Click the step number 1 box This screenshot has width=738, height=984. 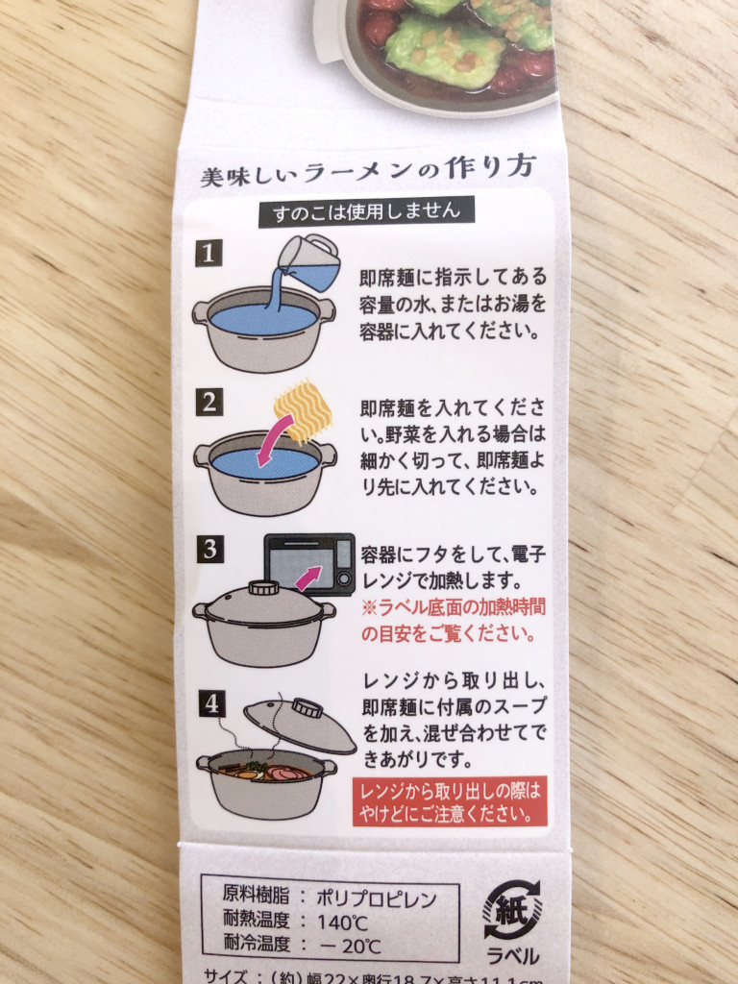[209, 253]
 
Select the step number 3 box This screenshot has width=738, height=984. [209, 550]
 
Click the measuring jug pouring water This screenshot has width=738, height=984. [310, 261]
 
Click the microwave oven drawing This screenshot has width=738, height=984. [309, 564]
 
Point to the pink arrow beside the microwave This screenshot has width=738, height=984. [307, 579]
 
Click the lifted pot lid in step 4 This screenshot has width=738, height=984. [299, 723]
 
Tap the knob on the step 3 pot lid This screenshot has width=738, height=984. [263, 588]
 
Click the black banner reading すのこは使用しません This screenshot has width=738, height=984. [366, 210]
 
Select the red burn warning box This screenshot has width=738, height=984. [450, 802]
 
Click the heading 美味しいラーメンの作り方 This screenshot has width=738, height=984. [366, 175]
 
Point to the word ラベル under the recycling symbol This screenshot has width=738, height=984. [513, 956]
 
